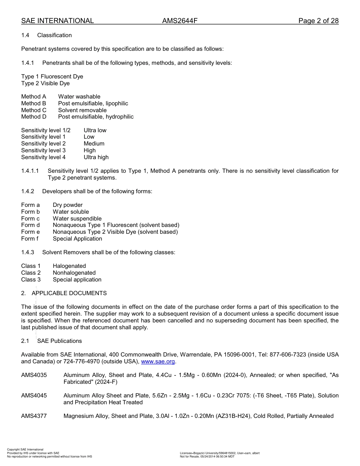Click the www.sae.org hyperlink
click(158, 362)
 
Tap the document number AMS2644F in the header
click(180, 21)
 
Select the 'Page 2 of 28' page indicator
click(318, 21)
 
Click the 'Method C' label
click(34, 110)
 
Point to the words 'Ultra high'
click(96, 157)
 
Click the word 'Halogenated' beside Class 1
click(69, 266)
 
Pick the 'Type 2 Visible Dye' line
click(45, 83)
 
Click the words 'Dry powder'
click(68, 205)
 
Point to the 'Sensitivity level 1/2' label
click(46, 130)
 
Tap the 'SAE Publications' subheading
click(59, 341)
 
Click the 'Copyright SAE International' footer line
click(25, 450)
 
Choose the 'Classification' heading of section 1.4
click(55, 35)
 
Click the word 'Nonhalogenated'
click(74, 273)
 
